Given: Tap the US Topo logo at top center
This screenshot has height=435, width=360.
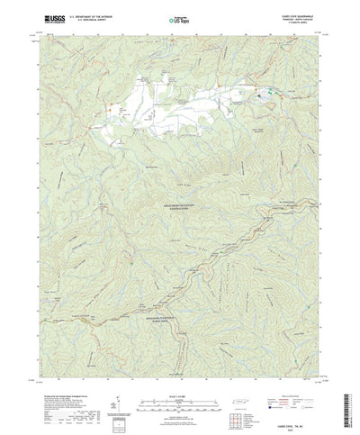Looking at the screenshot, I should coord(180,16).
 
